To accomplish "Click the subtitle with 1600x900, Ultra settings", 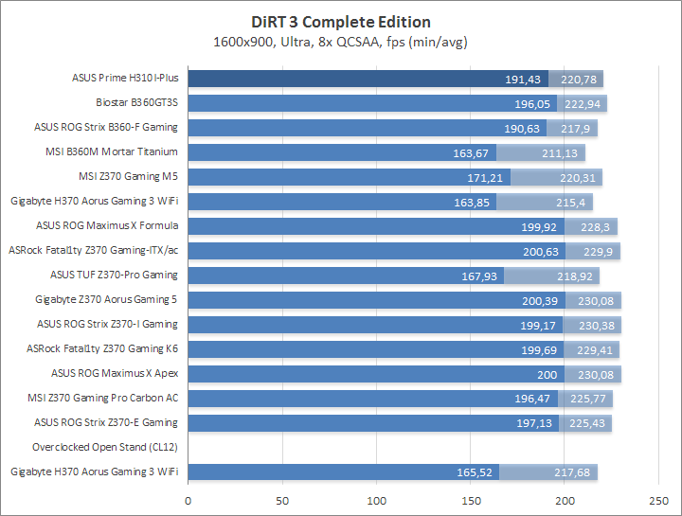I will click(341, 41).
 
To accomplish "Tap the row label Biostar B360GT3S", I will click(136, 102).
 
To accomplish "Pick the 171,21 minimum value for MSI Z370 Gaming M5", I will click(482, 177).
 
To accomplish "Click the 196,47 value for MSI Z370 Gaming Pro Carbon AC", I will click(530, 399).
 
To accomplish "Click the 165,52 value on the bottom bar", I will click(472, 472).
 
